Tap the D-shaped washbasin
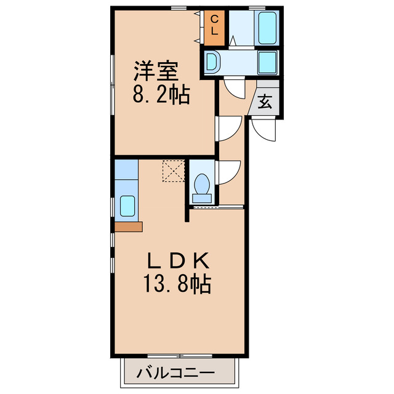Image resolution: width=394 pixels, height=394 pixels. pyautogui.click(x=212, y=62)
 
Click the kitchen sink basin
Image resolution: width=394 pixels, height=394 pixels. pyautogui.click(x=127, y=206)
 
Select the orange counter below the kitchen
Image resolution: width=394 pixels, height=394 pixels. pyautogui.click(x=127, y=227)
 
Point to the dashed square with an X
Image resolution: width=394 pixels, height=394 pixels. pyautogui.click(x=174, y=171)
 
